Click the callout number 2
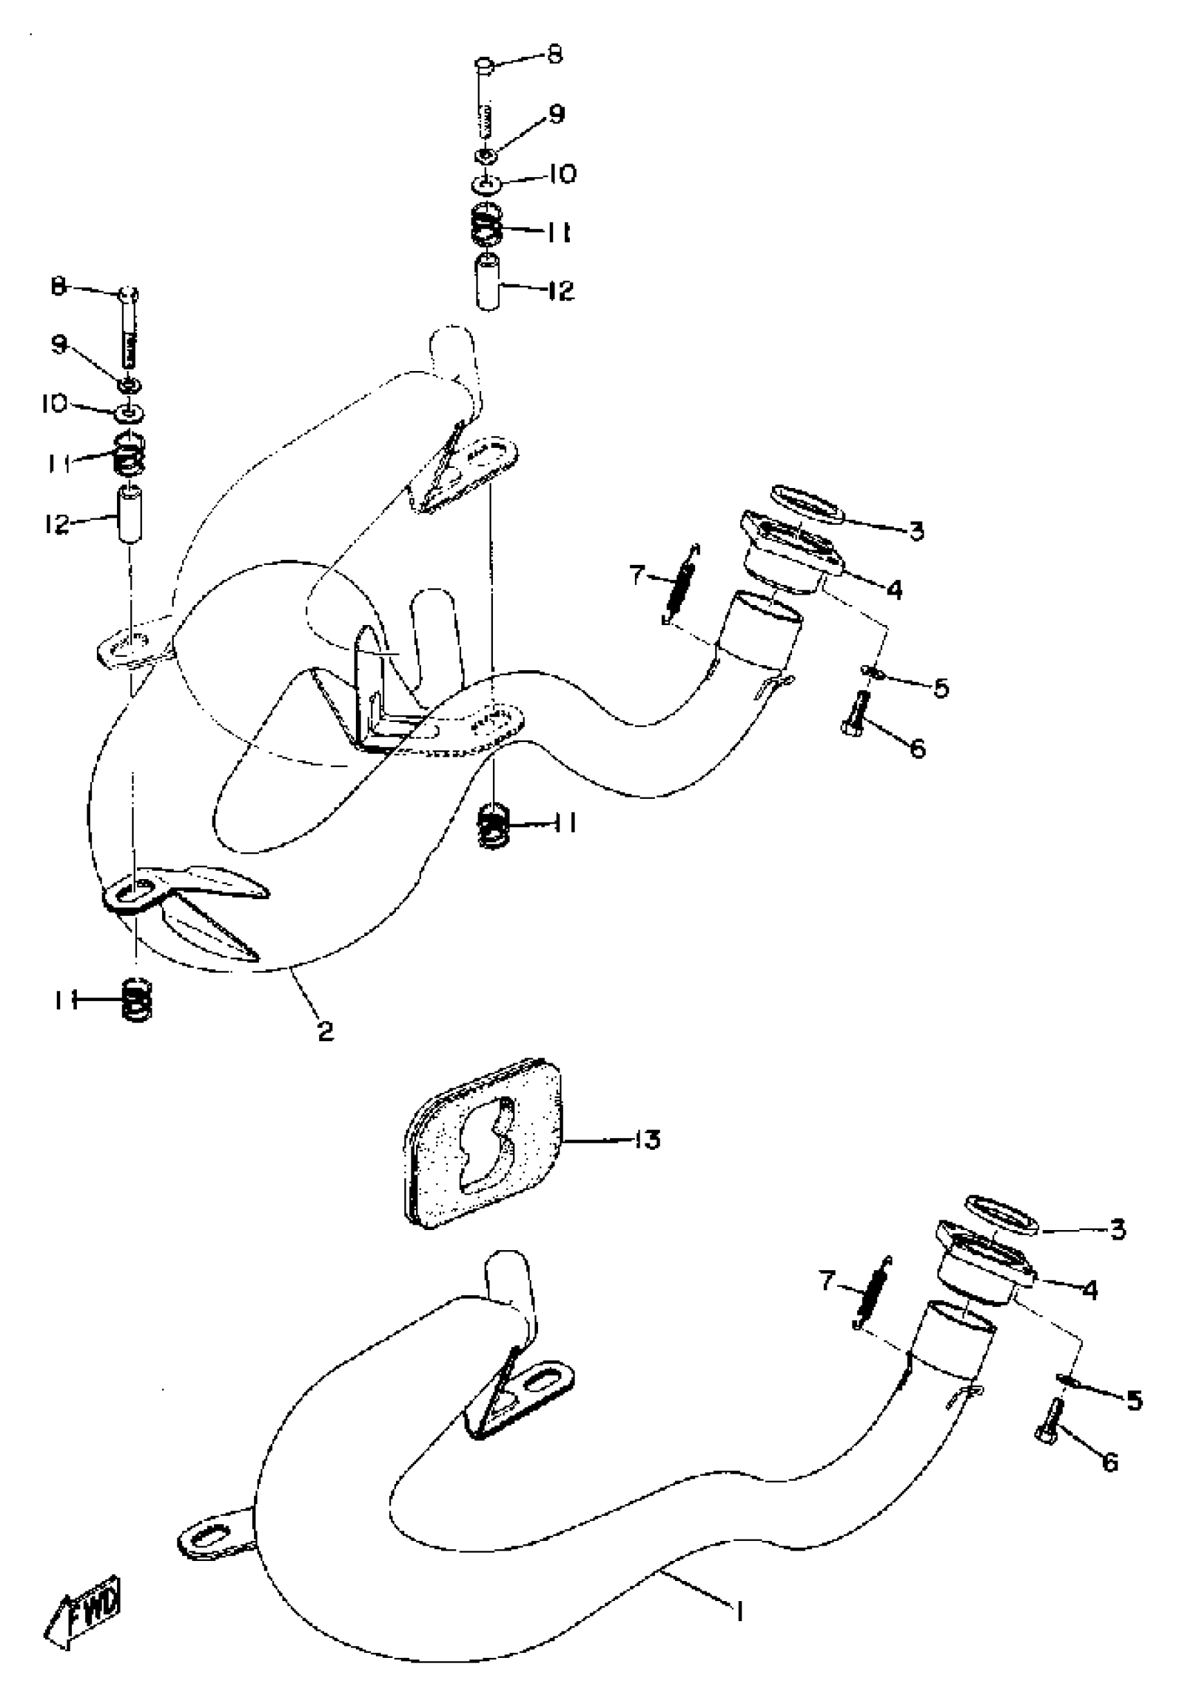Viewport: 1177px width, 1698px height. point(325,1031)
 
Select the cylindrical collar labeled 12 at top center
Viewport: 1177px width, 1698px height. point(487,282)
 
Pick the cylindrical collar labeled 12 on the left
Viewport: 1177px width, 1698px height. point(129,514)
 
